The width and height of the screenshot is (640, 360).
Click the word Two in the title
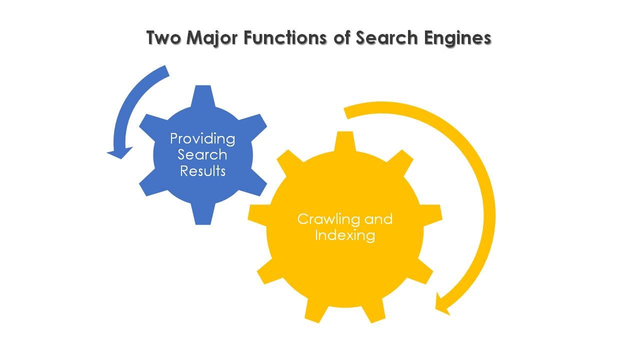(x=164, y=38)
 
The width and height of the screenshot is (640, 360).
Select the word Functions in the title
(x=285, y=38)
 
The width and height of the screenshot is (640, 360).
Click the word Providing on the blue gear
(x=202, y=138)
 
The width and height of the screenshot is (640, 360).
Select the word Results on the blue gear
(x=202, y=171)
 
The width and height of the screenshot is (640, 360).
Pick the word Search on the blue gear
(x=202, y=154)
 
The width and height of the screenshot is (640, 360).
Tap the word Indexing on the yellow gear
(x=345, y=235)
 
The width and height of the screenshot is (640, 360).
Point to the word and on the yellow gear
(x=378, y=219)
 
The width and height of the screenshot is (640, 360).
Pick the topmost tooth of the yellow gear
(x=344, y=140)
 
